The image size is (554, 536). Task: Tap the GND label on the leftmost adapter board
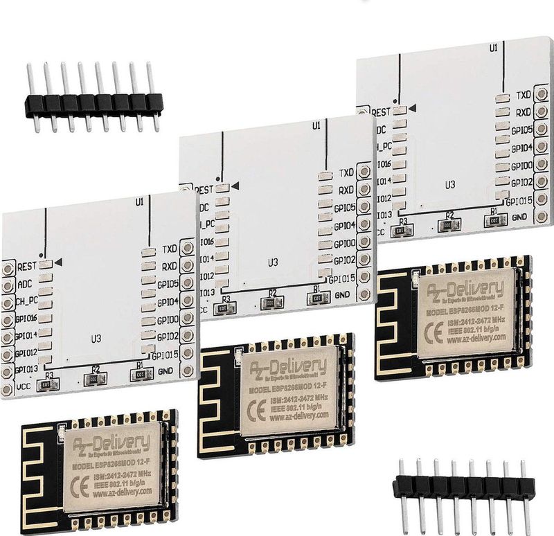(165, 371)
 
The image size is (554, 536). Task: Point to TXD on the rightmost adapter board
(524, 94)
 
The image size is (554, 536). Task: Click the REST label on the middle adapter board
(204, 189)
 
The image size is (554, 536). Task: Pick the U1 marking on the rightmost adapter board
(493, 48)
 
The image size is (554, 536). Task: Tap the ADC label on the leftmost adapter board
(24, 283)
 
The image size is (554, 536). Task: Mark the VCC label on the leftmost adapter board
(23, 388)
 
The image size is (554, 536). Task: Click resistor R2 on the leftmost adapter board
(95, 378)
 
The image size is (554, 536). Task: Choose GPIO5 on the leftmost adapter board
(168, 284)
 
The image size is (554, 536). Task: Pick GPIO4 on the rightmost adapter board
(521, 148)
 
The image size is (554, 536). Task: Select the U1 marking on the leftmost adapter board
(139, 202)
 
